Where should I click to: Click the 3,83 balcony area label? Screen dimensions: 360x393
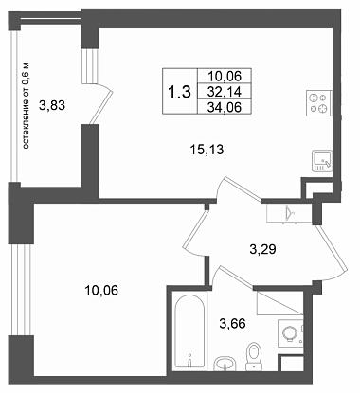pos(52,105)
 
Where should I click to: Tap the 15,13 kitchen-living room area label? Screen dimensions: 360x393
pos(207,150)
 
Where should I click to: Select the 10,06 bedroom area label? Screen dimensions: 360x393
pos(101,290)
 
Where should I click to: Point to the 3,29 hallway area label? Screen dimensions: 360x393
pos(262,249)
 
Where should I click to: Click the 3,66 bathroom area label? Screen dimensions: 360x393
pos(232,323)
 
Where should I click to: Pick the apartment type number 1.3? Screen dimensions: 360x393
pos(179,92)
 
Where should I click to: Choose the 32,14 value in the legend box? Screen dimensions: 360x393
pos(225,92)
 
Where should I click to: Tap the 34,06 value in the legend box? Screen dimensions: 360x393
pos(225,107)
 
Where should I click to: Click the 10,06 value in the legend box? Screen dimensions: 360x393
pos(225,76)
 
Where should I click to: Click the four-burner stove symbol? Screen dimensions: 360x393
pos(319,103)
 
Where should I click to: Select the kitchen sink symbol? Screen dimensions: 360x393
pos(322,161)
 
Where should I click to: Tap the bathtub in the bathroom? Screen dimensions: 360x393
pos(189,331)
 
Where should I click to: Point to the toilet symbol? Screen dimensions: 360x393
pos(254,356)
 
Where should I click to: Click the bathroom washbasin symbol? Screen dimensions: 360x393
pos(225,363)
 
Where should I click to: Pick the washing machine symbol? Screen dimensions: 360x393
pos(290,333)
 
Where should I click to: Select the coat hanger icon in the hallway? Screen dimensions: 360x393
pos(289,212)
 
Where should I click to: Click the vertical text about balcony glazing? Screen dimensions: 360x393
pos(27,106)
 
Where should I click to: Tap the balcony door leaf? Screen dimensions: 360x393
pos(101,107)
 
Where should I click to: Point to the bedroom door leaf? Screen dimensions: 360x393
pos(196,229)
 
